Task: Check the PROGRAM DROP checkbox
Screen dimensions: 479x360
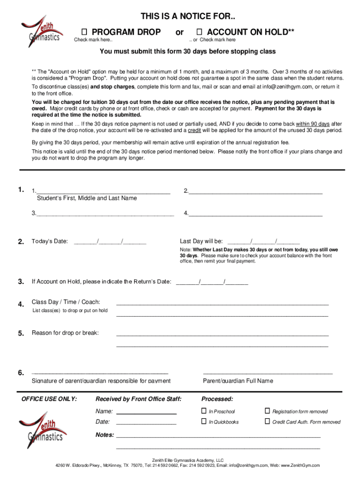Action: click(x=85, y=32)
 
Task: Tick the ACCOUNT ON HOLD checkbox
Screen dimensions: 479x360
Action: click(x=199, y=32)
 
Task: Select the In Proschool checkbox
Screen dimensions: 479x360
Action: click(x=204, y=411)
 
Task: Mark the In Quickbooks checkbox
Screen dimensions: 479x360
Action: click(x=204, y=421)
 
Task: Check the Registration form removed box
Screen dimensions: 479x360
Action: click(x=267, y=411)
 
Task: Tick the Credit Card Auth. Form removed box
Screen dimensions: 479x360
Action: click(x=267, y=421)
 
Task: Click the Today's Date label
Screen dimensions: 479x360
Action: click(x=50, y=241)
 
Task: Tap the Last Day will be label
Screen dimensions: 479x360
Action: click(x=201, y=241)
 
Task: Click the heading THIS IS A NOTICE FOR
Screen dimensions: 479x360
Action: click(x=188, y=17)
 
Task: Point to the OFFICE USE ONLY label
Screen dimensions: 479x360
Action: click(x=49, y=399)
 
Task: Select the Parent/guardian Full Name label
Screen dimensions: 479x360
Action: click(x=238, y=381)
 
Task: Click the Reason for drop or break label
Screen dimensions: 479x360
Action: click(x=65, y=333)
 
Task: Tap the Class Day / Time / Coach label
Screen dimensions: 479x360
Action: click(x=65, y=302)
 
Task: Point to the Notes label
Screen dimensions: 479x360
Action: click(x=105, y=435)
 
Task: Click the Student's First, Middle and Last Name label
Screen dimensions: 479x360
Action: click(x=87, y=198)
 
